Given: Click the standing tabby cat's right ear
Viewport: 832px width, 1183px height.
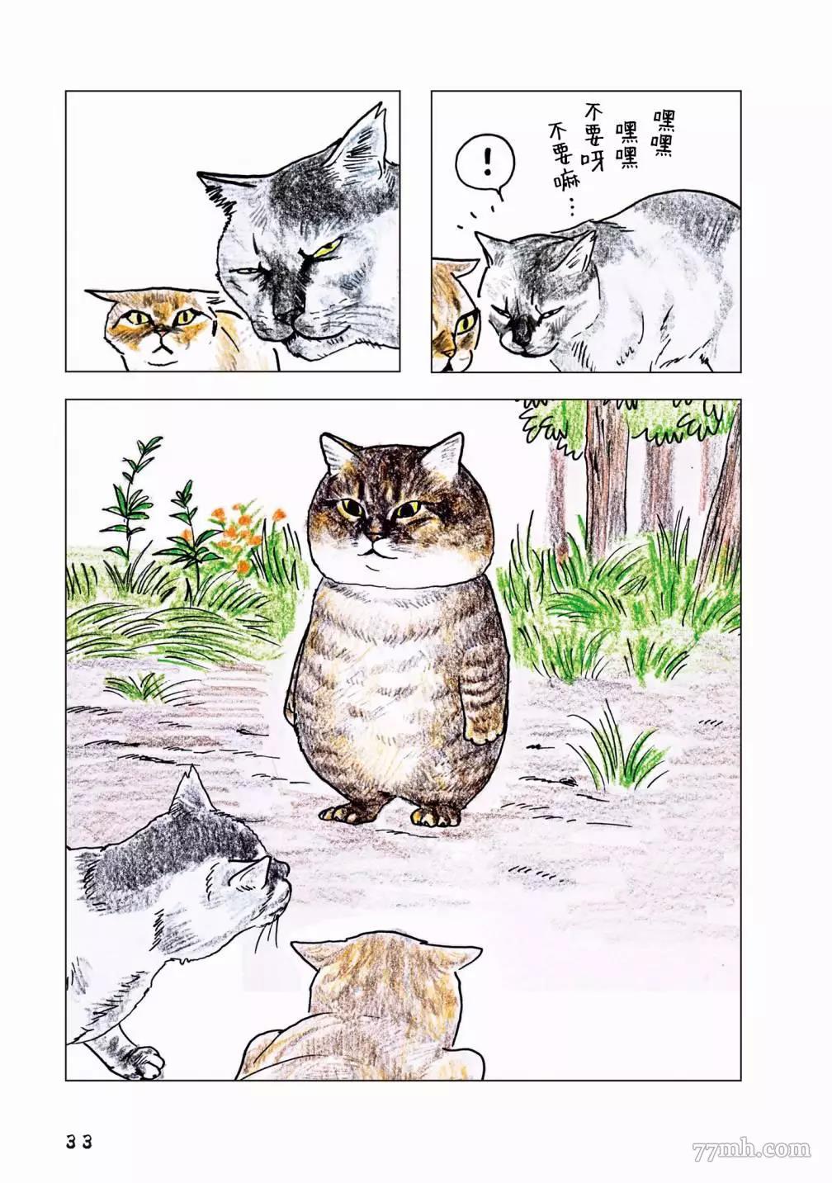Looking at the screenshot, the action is click(x=445, y=452).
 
